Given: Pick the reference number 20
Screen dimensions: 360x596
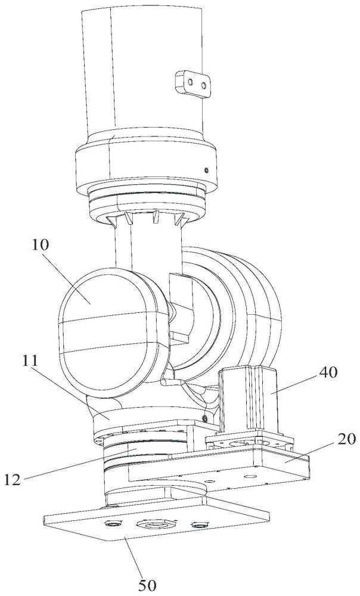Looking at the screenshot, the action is [x=345, y=439].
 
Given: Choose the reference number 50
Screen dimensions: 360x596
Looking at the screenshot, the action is [x=147, y=585].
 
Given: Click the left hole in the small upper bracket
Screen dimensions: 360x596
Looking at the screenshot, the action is [x=191, y=82].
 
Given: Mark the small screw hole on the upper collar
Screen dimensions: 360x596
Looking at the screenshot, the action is [x=206, y=169].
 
